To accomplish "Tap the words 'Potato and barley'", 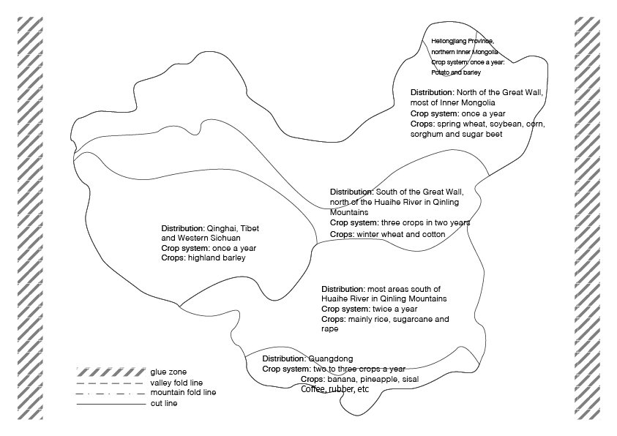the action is (456, 72).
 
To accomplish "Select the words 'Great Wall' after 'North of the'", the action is (523, 93).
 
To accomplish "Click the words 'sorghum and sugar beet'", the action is (457, 135).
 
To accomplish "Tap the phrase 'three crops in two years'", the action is (425, 223).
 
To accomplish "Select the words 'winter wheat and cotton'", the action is (400, 235).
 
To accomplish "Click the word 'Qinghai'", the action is (222, 229).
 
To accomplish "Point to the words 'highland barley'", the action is (217, 258).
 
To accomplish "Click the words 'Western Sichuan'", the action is (209, 238).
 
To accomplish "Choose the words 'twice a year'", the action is (394, 309).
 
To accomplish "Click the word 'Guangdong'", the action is (331, 359).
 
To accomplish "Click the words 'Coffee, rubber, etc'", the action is (335, 389).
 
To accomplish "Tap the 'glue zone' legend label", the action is (168, 372).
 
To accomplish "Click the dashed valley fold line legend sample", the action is (111, 383).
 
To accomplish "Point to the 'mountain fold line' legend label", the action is (183, 393).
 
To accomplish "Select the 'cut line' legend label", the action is (164, 404).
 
